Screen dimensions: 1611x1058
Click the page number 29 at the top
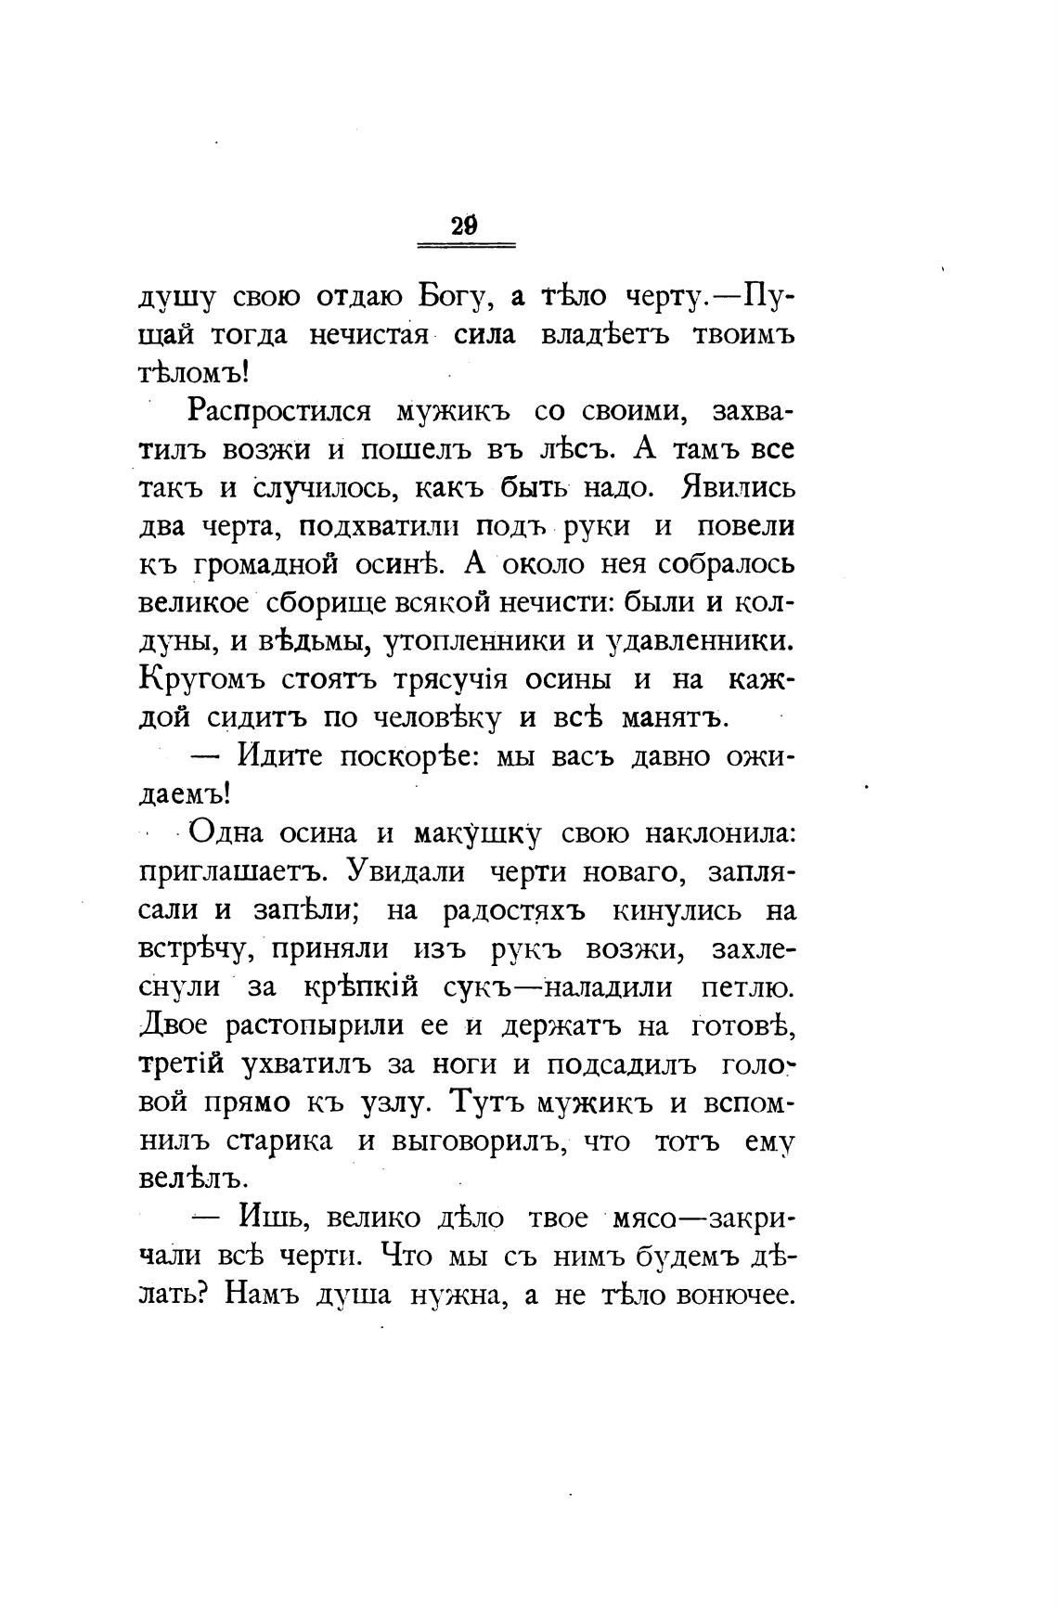[464, 226]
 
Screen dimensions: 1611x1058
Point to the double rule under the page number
[466, 245]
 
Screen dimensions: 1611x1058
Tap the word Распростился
[279, 411]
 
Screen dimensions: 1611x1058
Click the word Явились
[738, 487]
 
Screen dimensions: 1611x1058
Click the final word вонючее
[738, 1295]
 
